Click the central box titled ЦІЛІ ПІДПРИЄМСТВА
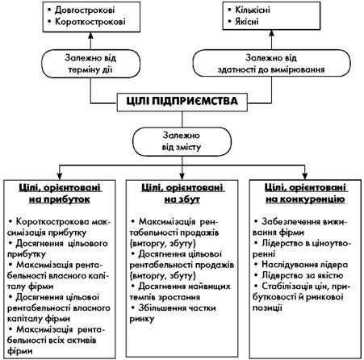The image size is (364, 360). click(x=182, y=102)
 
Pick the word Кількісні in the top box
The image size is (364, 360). click(x=253, y=10)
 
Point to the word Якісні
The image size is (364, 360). click(x=247, y=21)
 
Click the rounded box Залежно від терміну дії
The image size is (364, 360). click(x=90, y=64)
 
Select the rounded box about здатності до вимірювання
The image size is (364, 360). click(x=272, y=63)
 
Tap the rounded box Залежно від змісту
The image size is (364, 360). click(x=182, y=141)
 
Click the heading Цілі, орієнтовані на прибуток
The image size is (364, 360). click(x=60, y=193)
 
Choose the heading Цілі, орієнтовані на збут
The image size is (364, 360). click(x=182, y=193)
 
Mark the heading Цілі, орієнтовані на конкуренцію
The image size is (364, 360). click(x=305, y=193)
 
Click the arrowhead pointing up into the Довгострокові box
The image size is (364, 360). click(x=90, y=36)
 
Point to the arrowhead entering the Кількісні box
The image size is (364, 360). click(x=272, y=33)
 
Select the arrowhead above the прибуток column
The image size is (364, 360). click(x=60, y=176)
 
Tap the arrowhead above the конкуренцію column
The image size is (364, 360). click(x=305, y=176)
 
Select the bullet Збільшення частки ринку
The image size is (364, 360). click(x=173, y=313)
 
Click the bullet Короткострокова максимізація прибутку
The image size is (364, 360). click(x=59, y=227)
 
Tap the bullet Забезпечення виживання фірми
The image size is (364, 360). click(x=300, y=227)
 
